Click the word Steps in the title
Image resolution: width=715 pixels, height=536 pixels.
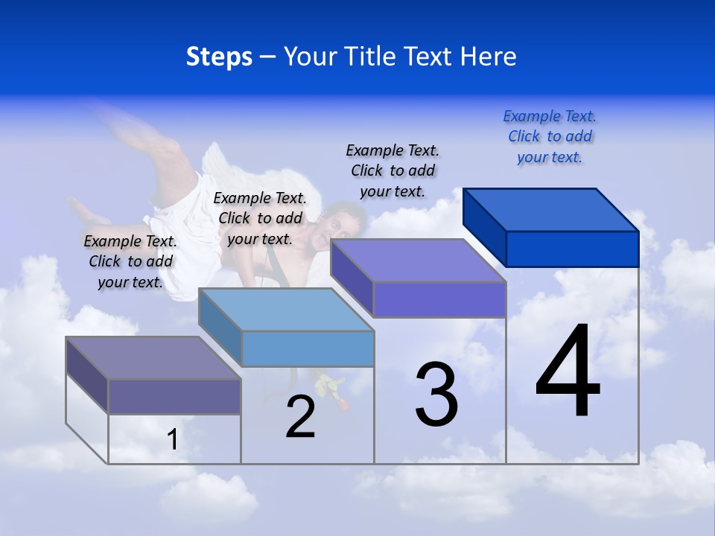click(x=219, y=57)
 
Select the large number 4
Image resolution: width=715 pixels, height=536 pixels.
click(x=568, y=372)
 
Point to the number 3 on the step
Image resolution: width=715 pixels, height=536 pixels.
click(x=436, y=395)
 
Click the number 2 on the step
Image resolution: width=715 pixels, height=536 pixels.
click(x=300, y=417)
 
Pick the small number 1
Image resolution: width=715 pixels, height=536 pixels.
click(x=173, y=439)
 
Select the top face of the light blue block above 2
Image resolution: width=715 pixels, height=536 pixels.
click(x=286, y=310)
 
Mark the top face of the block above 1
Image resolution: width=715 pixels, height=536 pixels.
click(x=153, y=358)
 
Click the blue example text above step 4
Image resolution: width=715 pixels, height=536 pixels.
click(x=550, y=137)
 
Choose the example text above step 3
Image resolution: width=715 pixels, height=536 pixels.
click(x=393, y=170)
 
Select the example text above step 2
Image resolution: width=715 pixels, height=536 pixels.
click(x=260, y=218)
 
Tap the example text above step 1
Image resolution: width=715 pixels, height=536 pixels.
click(x=130, y=261)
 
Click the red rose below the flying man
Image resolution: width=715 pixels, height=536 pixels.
click(x=343, y=405)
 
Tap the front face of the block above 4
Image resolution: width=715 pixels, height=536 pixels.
click(x=572, y=249)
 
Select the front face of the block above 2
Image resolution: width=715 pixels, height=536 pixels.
click(x=308, y=348)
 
